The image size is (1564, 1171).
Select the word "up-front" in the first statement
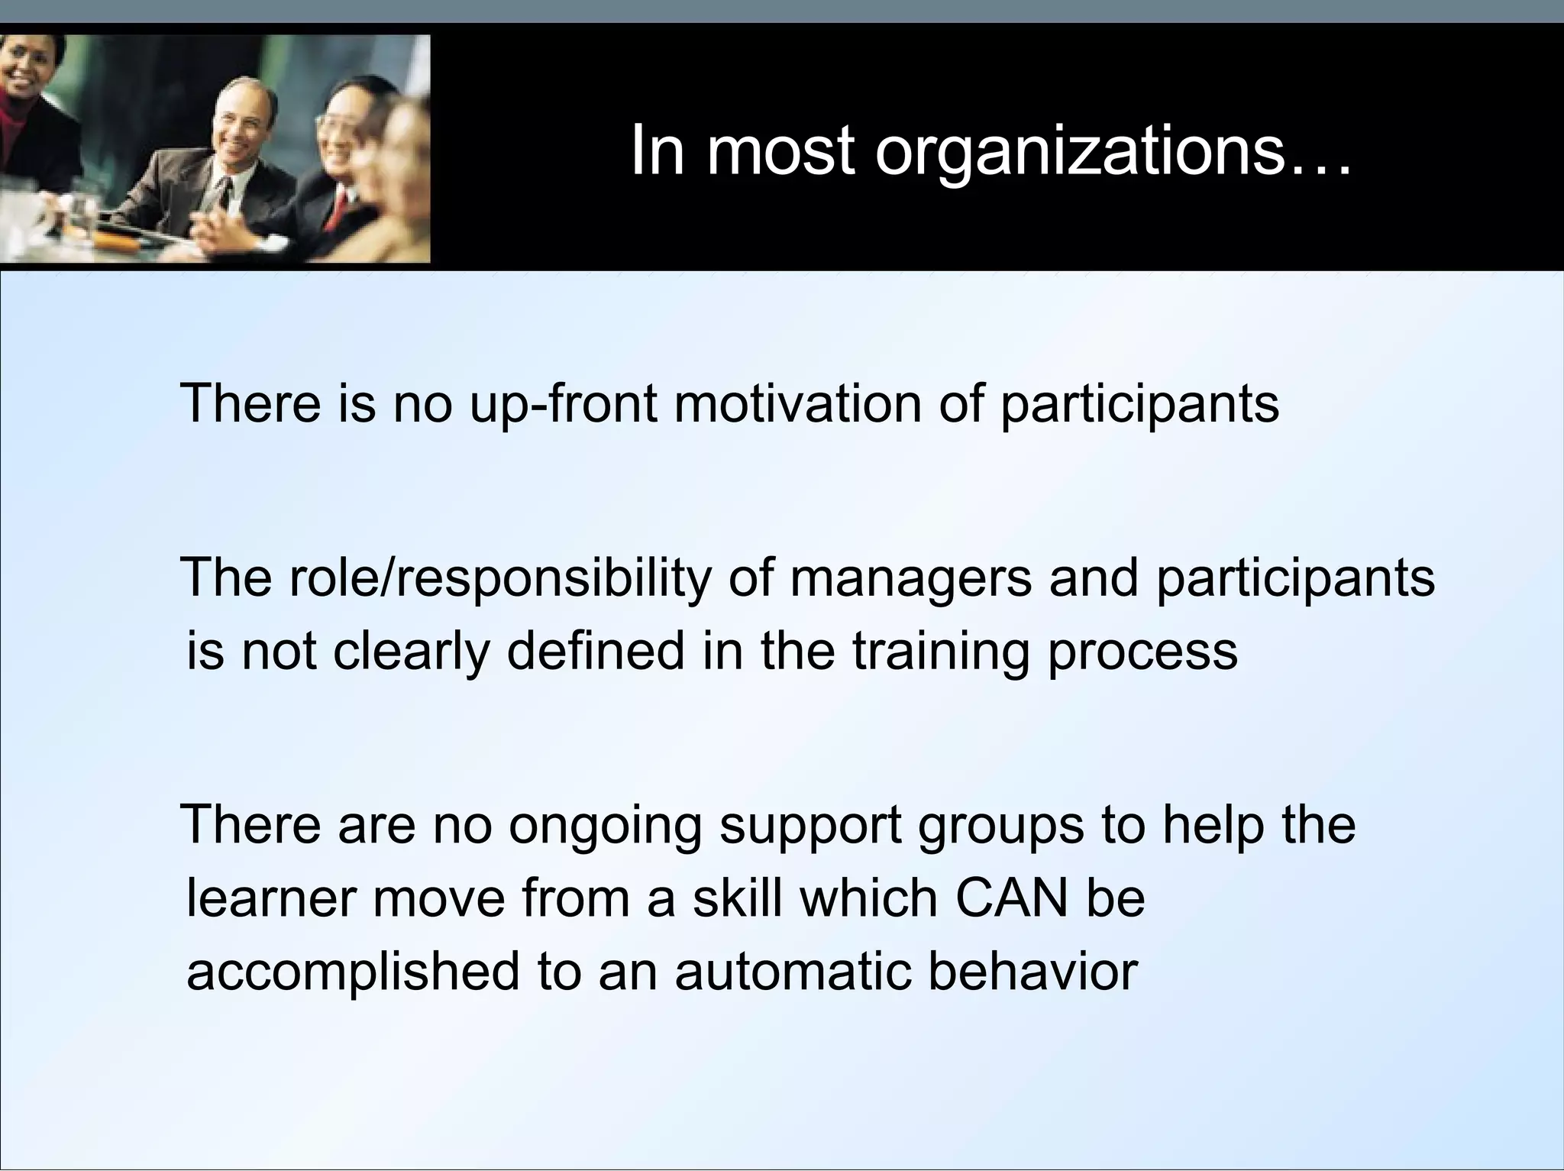click(x=563, y=404)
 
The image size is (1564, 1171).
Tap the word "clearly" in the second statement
click(x=411, y=653)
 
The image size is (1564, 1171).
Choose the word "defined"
click(x=596, y=652)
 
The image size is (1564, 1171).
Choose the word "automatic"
click(x=793, y=971)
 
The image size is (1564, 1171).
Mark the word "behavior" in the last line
click(x=1032, y=971)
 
